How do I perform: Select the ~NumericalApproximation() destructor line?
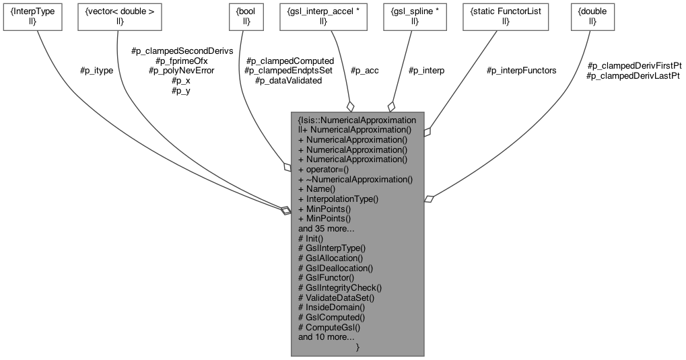pyautogui.click(x=355, y=180)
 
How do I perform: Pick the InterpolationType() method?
pyautogui.click(x=339, y=199)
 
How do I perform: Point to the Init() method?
pyautogui.click(x=311, y=238)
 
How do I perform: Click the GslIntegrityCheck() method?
pyautogui.click(x=340, y=287)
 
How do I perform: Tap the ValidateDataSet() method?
pyautogui.click(x=336, y=297)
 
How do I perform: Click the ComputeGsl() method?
pyautogui.click(x=330, y=327)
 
